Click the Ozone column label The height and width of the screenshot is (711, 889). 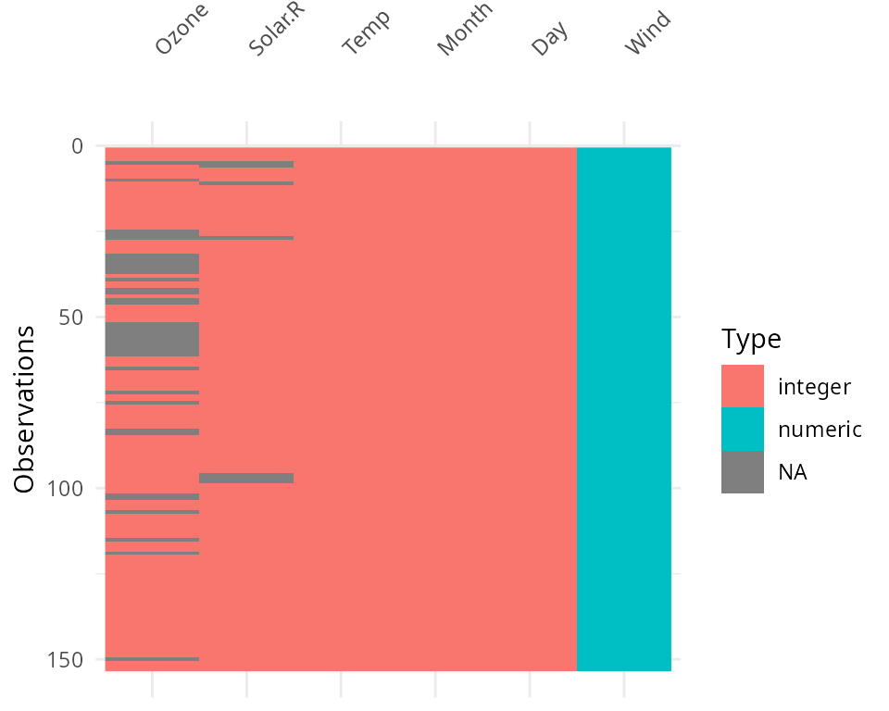[182, 31]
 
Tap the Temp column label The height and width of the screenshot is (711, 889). [367, 32]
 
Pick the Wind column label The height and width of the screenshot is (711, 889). [647, 33]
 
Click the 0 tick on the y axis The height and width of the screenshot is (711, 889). [76, 146]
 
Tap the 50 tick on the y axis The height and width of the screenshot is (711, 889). [70, 318]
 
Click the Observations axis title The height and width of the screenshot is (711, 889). [25, 408]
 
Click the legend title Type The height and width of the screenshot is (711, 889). [751, 339]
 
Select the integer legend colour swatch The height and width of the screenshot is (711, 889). [743, 386]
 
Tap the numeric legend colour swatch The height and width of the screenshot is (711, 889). [743, 429]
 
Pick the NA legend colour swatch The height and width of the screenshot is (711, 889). [743, 471]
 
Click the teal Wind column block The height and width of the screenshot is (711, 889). [623, 408]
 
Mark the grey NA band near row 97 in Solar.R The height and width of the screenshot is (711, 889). [246, 478]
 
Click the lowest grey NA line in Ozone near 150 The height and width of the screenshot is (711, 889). [152, 659]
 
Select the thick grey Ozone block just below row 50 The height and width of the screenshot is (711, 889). [152, 339]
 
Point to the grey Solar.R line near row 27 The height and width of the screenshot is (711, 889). [246, 238]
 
